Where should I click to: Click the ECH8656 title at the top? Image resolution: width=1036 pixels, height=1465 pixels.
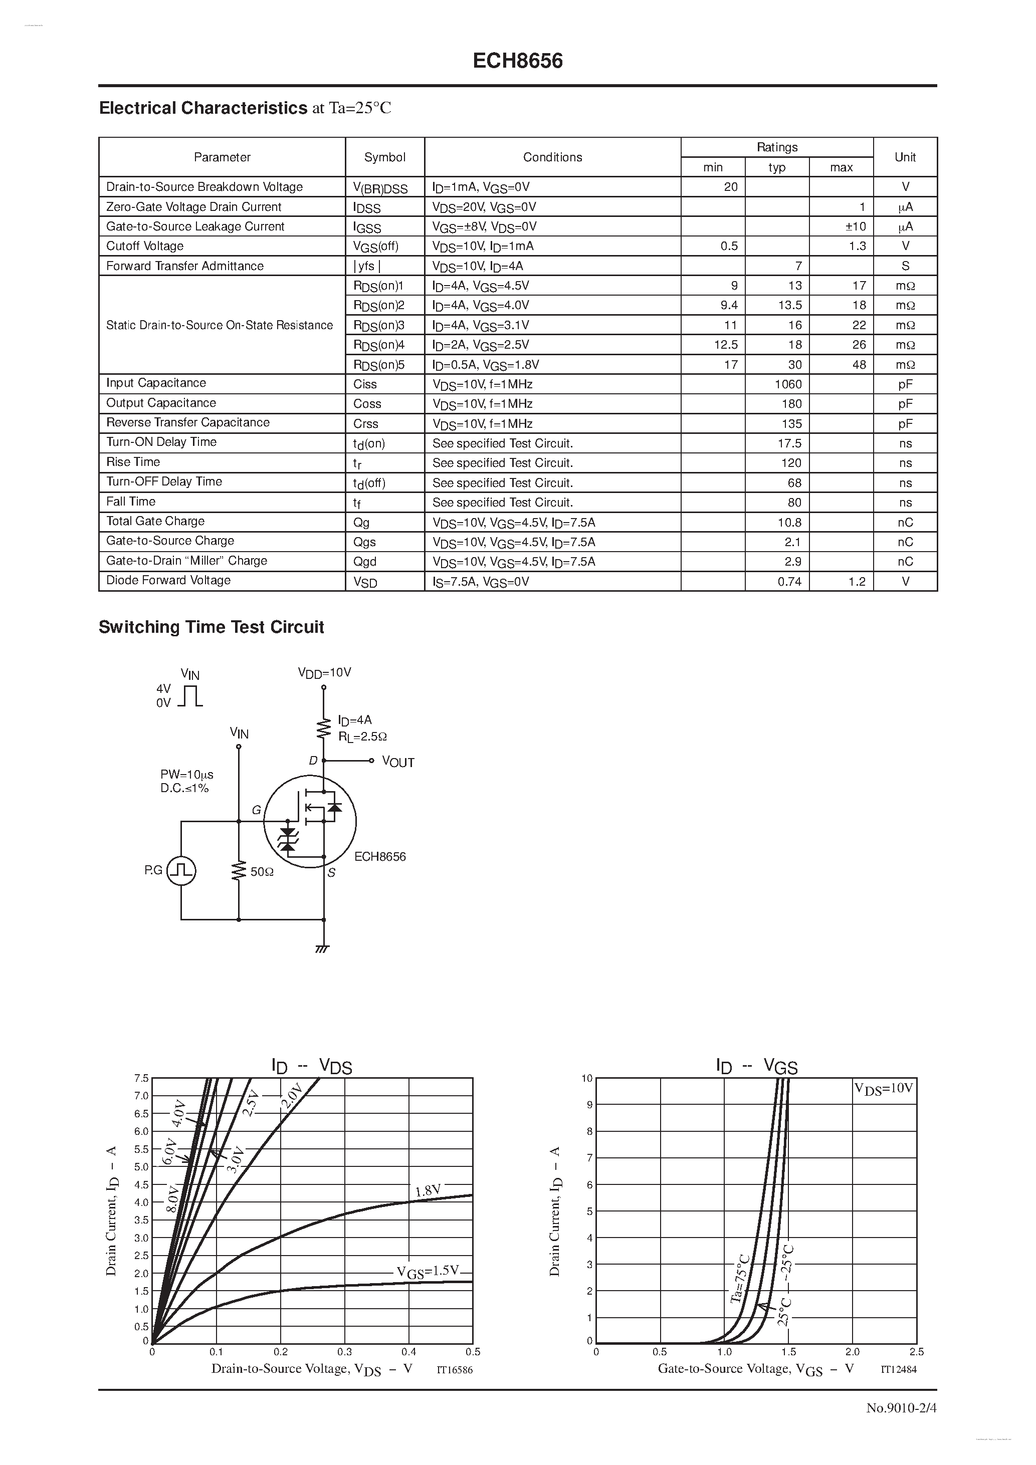coord(518,61)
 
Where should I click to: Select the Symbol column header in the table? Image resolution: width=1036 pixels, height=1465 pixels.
coord(384,157)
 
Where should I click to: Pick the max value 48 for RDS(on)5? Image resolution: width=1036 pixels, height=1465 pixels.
coord(859,364)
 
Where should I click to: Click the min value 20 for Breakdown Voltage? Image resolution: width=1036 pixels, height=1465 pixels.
coord(730,187)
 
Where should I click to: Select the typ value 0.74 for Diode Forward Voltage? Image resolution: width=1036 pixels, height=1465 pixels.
coord(789,581)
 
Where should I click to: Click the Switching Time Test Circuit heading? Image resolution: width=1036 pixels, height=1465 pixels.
coord(212,627)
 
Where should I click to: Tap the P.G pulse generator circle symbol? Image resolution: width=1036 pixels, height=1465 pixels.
coord(181,871)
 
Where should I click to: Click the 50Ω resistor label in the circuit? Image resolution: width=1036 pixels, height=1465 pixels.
coord(262,872)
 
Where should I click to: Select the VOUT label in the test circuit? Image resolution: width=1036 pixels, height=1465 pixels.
coord(397,762)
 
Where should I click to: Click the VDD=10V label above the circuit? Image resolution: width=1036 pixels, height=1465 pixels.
coord(324,672)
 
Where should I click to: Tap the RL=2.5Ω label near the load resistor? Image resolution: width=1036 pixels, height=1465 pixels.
coord(362,737)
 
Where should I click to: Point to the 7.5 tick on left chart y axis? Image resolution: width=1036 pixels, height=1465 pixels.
coord(141,1078)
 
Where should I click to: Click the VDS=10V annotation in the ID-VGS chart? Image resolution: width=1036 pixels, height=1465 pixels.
coord(884,1089)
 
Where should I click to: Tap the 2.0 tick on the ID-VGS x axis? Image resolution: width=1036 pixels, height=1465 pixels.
coord(852,1351)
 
